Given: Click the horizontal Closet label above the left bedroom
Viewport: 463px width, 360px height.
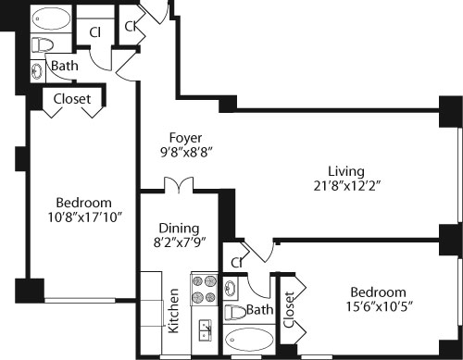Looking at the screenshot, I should point(70,99).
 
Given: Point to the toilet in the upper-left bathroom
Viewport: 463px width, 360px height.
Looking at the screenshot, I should point(43,43).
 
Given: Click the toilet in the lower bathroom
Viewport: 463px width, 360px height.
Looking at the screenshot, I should point(236,311).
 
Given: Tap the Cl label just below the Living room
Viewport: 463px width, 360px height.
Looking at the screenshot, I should point(238,262).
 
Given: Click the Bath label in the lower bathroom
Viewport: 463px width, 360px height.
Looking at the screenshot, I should point(260,310).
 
